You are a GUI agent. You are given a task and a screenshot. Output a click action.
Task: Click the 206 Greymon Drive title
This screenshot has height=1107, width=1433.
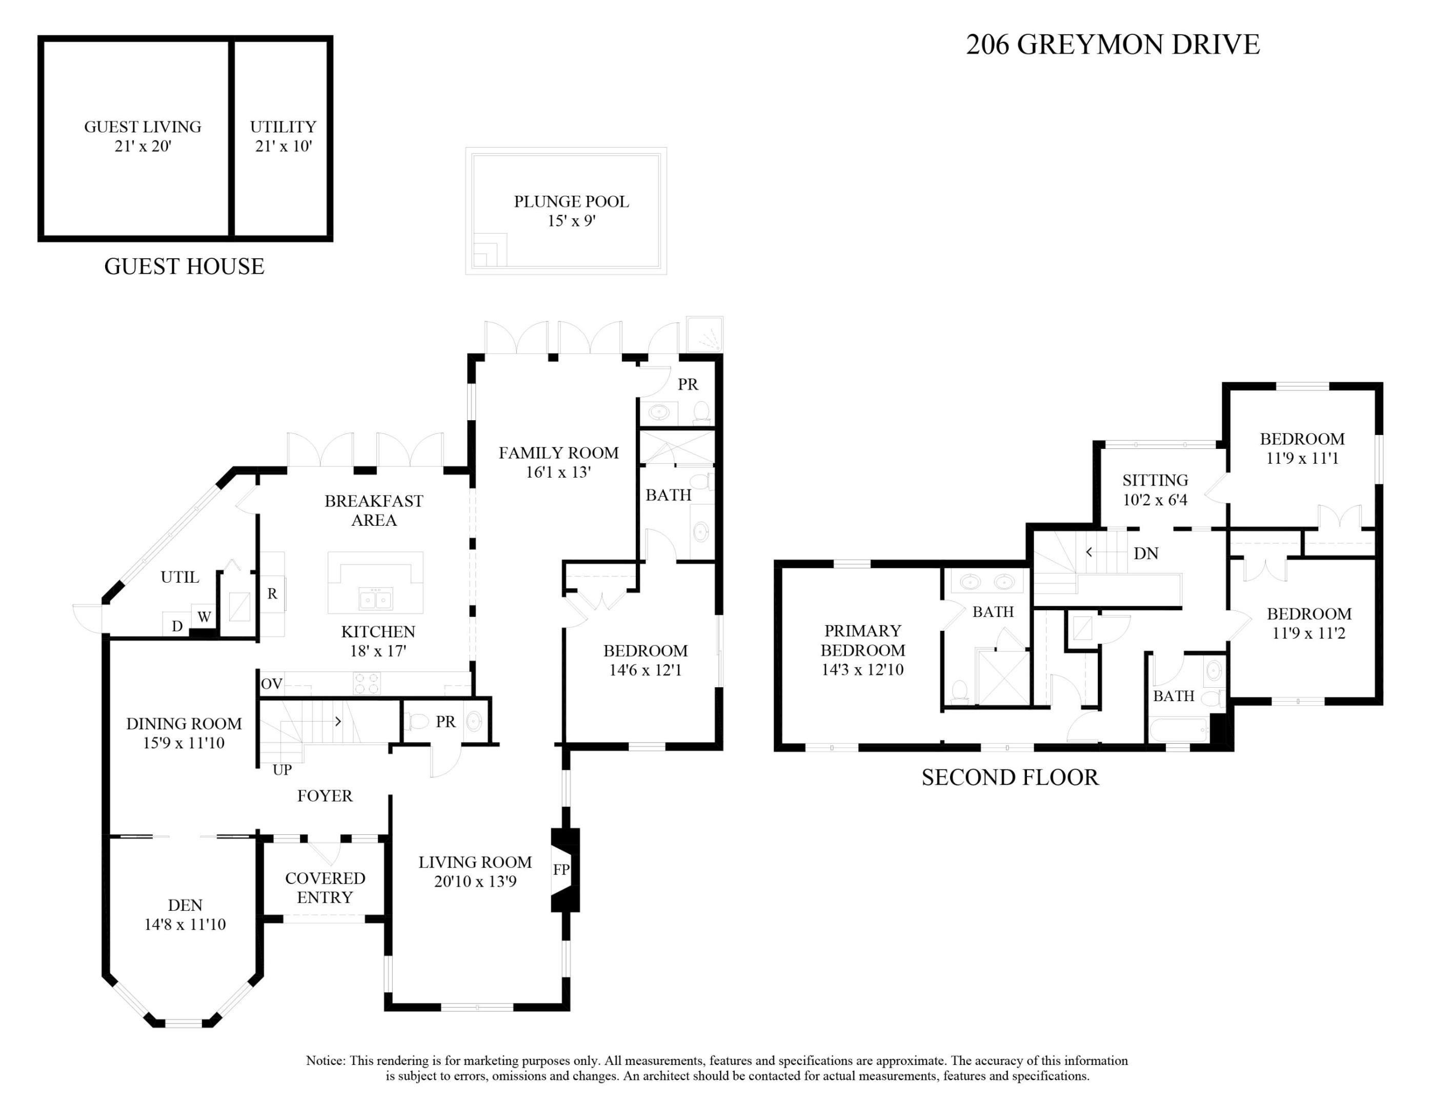pyautogui.click(x=1112, y=45)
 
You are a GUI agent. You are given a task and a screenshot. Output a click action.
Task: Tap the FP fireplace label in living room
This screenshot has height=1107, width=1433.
pyautogui.click(x=560, y=870)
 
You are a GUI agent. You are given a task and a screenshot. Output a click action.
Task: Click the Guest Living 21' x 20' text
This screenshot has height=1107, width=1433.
pyautogui.click(x=143, y=136)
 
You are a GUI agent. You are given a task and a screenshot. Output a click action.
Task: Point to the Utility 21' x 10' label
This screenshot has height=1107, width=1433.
pyautogui.click(x=283, y=136)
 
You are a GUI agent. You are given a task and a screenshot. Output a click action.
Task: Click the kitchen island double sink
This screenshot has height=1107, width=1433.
pyautogui.click(x=375, y=599)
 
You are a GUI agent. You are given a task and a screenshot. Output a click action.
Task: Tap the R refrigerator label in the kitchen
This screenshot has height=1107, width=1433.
pyautogui.click(x=272, y=593)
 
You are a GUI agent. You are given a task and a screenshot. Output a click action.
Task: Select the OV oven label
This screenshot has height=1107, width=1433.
pyautogui.click(x=272, y=684)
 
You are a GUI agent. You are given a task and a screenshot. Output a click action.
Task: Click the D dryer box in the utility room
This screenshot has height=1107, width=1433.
pyautogui.click(x=176, y=626)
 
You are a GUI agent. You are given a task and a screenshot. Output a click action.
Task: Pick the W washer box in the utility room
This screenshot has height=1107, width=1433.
pyautogui.click(x=204, y=617)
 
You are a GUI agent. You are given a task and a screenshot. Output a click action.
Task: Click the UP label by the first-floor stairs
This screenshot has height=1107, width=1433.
pyautogui.click(x=282, y=770)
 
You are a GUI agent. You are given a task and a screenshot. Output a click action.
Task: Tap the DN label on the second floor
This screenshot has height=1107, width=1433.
pyautogui.click(x=1145, y=553)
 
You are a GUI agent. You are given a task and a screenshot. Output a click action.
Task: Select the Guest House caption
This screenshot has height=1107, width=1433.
pyautogui.click(x=185, y=266)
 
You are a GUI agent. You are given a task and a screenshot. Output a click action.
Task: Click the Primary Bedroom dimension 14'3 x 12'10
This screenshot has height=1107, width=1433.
pyautogui.click(x=862, y=669)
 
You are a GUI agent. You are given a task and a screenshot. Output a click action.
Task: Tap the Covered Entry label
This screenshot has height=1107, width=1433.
pyautogui.click(x=325, y=887)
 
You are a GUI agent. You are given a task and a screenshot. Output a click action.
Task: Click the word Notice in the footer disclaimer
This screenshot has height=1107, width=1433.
pyautogui.click(x=326, y=1060)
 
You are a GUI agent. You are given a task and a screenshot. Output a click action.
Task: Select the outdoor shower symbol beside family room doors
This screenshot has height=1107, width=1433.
pyautogui.click(x=704, y=335)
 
